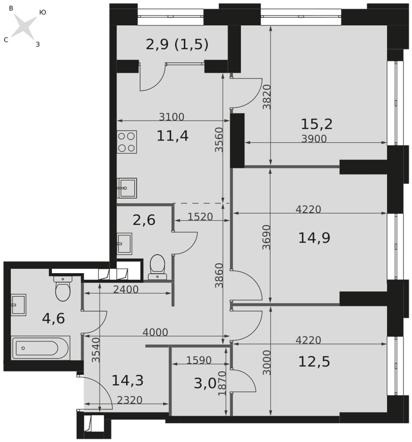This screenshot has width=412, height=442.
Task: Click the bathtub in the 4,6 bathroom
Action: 41,348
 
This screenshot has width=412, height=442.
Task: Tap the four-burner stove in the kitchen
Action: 127,142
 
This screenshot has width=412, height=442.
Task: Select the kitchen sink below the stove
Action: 127,188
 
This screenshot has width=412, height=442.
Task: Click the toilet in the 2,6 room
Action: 157,267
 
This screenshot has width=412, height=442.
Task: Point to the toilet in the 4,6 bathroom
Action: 63,289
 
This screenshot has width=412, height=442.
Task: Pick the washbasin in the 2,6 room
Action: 124,243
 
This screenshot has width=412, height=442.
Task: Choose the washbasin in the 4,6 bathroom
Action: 19,305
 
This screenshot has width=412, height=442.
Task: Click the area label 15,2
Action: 317,124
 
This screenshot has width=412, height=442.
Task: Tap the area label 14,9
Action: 314,238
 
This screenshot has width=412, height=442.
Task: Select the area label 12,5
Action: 314,362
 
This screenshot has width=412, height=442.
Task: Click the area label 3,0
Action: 205,384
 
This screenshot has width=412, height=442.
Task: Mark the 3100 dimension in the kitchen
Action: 171,116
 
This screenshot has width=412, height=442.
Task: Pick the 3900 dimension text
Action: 314,138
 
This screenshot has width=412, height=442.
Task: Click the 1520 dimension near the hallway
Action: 200,217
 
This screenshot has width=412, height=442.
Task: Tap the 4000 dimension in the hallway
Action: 155,332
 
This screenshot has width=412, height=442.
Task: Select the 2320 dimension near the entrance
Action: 129,400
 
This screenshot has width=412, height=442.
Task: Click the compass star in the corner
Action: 25,27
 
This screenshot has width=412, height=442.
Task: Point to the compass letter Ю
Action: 42,12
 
